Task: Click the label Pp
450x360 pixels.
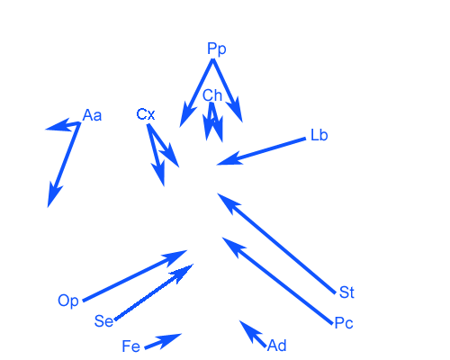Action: (x=217, y=49)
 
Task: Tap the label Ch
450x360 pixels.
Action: (x=212, y=95)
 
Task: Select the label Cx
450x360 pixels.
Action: (x=146, y=114)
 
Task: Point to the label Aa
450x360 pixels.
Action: (x=92, y=115)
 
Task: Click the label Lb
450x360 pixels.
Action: (x=319, y=135)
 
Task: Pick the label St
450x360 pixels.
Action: (x=346, y=292)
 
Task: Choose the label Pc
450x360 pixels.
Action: (x=344, y=323)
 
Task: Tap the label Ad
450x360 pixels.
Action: (x=277, y=346)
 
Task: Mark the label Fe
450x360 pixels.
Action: (x=131, y=346)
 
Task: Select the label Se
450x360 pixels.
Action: (x=103, y=321)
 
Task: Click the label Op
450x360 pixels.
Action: (x=68, y=301)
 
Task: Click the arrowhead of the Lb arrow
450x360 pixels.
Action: (x=229, y=158)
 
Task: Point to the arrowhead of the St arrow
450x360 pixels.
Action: (x=228, y=202)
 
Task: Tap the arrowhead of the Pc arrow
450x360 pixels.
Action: (x=233, y=247)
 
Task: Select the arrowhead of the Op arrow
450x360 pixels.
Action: (x=175, y=257)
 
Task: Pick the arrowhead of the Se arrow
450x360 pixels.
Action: (x=183, y=273)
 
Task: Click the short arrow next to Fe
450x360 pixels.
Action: (x=163, y=341)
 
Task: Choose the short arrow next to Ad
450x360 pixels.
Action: (x=253, y=334)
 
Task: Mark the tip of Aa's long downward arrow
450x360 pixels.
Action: (x=48, y=207)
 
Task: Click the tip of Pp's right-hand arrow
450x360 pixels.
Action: (x=242, y=122)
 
